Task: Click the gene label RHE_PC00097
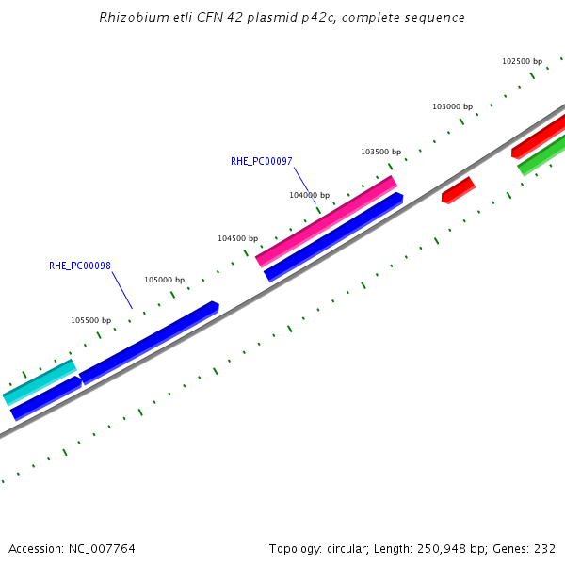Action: coord(261,161)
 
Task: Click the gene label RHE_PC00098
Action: coord(80,266)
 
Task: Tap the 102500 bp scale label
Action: coord(522,61)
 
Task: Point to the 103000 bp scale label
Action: coord(452,106)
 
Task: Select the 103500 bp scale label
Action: coord(380,152)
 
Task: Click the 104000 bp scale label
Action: coord(309,195)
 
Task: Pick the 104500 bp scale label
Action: coord(237,238)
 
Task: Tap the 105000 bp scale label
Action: coord(164,280)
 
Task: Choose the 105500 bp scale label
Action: coord(90,320)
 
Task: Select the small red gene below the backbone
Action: coord(459,190)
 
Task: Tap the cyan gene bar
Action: coord(40,382)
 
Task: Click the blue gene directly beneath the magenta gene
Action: coord(333,237)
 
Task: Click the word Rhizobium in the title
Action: coord(130,18)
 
